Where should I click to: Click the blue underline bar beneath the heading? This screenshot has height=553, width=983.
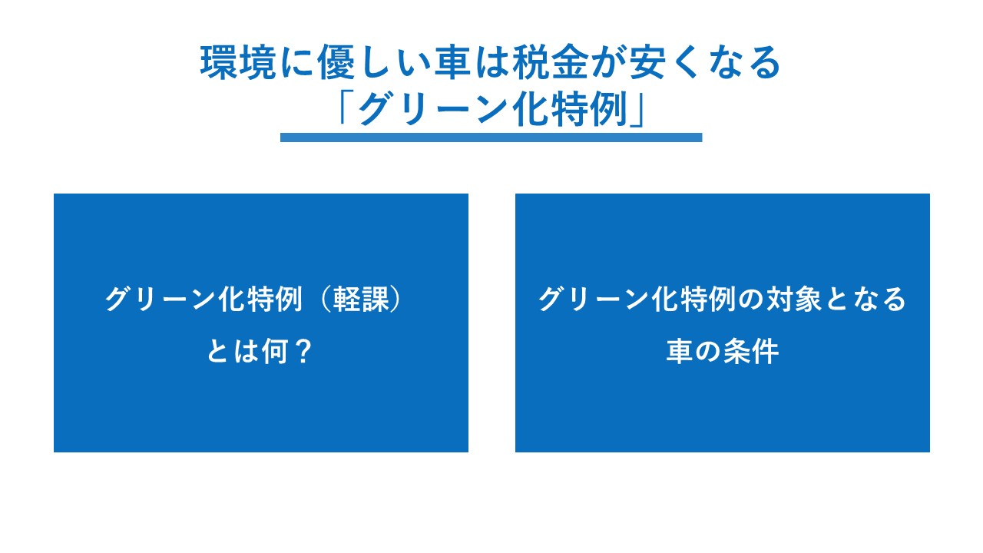point(491,137)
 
